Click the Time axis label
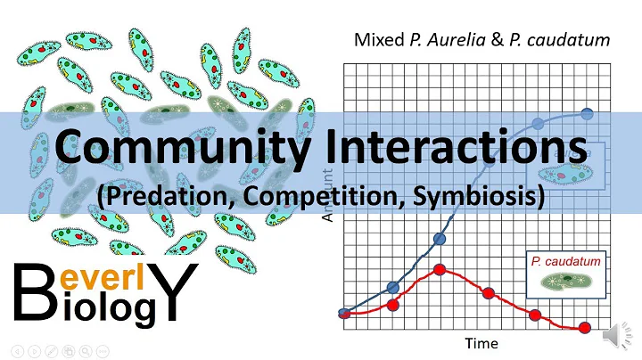(481, 342)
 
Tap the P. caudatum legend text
(565, 261)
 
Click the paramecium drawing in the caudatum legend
(564, 280)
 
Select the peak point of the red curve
(440, 269)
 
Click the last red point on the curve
(585, 327)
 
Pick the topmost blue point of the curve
(588, 113)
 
